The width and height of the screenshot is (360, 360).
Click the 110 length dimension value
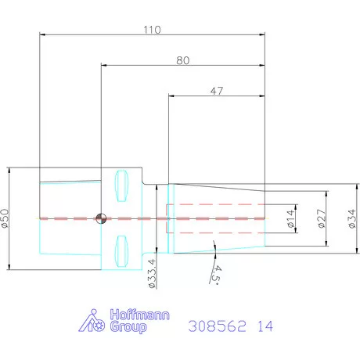[x=152, y=30]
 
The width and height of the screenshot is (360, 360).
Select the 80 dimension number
[x=182, y=60]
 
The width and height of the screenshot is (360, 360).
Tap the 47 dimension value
[x=217, y=91]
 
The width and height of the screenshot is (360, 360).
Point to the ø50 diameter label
[x=5, y=218]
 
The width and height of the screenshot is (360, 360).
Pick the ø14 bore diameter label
[x=291, y=218]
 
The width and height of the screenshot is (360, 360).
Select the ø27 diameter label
[x=322, y=218]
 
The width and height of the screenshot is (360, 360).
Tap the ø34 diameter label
[x=352, y=218]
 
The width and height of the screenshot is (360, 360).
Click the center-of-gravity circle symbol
[x=101, y=218]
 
